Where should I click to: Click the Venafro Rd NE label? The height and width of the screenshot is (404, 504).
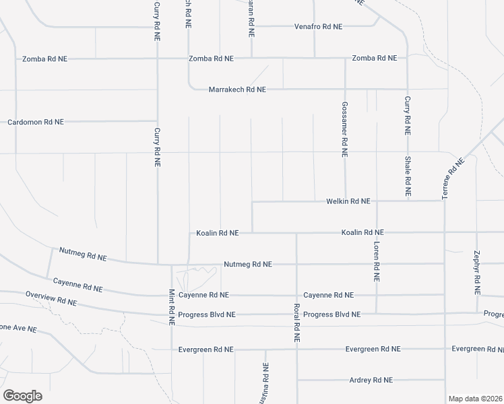pyautogui.click(x=318, y=27)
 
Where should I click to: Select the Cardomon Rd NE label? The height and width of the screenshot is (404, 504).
pyautogui.click(x=35, y=123)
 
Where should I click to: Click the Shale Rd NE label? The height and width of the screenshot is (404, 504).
pyautogui.click(x=408, y=176)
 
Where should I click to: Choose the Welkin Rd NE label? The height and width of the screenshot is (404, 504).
pyautogui.click(x=348, y=201)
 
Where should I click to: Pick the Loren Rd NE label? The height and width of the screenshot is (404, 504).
pyautogui.click(x=377, y=262)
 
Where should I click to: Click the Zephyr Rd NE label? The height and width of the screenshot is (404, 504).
pyautogui.click(x=477, y=273)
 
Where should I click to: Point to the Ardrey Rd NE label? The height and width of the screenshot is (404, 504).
pyautogui.click(x=371, y=380)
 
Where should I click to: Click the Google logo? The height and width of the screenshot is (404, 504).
pyautogui.click(x=22, y=396)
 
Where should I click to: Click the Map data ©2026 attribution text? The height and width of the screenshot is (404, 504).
pyautogui.click(x=476, y=399)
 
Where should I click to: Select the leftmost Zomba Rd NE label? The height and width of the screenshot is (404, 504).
pyautogui.click(x=44, y=59)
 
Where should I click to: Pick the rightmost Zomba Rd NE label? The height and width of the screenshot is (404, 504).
pyautogui.click(x=374, y=58)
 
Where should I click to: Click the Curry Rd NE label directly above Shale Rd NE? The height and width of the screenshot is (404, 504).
pyautogui.click(x=408, y=114)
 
